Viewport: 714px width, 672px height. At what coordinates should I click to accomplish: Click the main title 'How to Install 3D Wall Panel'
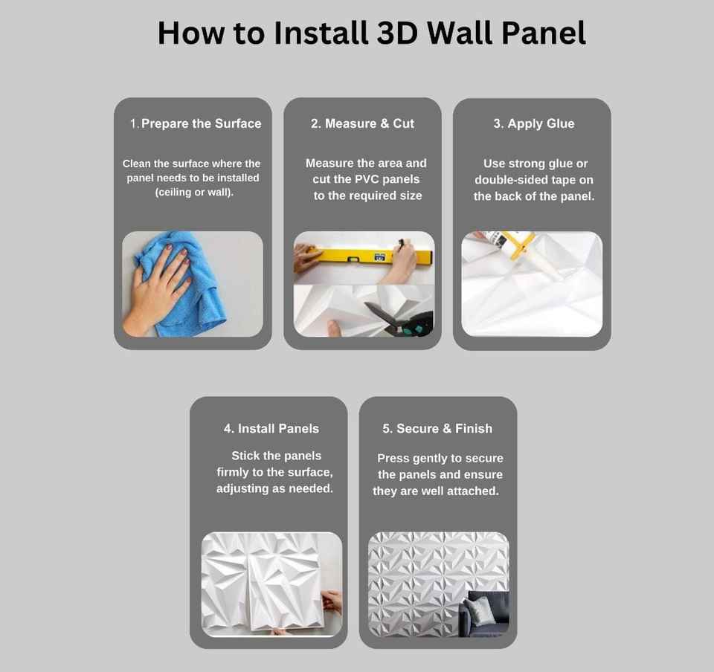pos(372,33)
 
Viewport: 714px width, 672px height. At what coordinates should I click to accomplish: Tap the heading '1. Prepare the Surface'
pos(196,123)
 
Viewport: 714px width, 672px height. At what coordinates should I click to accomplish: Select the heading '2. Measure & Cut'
pos(362,123)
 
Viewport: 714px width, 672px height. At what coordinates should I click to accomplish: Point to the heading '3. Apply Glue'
pos(534,123)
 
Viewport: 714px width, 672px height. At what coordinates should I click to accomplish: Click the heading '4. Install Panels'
pos(271,429)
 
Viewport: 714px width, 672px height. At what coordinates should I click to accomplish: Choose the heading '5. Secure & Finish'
pos(437,429)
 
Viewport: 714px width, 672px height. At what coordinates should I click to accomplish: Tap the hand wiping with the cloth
pos(158,289)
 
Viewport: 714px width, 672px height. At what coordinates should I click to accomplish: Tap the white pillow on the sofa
pos(480,610)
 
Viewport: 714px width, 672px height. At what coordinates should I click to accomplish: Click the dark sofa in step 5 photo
pos(485,614)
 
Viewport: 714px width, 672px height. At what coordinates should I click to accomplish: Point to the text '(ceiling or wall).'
pos(194,193)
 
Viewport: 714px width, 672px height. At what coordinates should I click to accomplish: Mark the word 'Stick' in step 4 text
pos(245,456)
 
